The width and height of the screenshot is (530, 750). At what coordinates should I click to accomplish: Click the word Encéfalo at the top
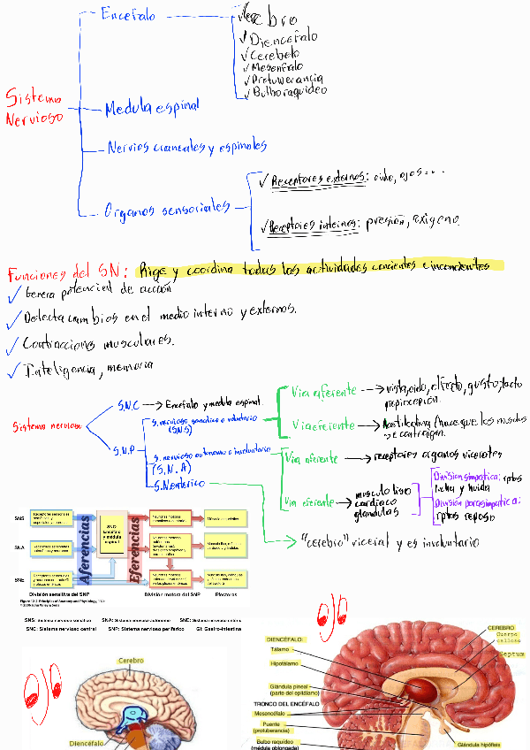pos(129,15)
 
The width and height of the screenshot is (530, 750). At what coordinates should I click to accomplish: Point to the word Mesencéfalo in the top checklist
pos(276,65)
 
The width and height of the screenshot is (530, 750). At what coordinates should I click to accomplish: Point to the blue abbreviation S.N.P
pos(124,450)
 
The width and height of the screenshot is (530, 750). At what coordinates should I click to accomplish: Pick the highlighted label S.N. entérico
pos(179,484)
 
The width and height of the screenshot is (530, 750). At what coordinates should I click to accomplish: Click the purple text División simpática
pos(466,474)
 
